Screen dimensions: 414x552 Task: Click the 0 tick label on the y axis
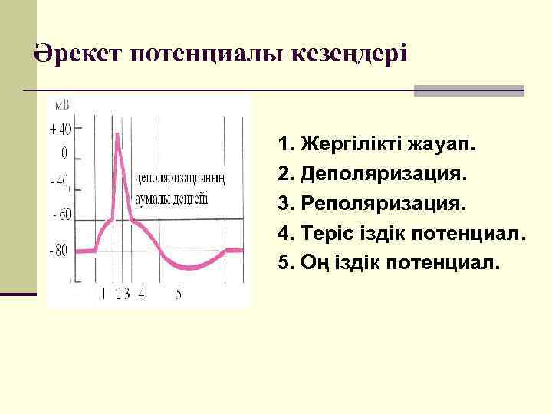64,152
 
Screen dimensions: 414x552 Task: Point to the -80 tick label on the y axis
59,249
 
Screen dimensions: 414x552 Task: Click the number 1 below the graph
103,293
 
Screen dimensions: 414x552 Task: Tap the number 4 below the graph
141,293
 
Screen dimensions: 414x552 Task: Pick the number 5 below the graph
179,293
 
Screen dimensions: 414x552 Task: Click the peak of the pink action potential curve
117,135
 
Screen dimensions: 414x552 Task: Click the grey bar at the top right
468,90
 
